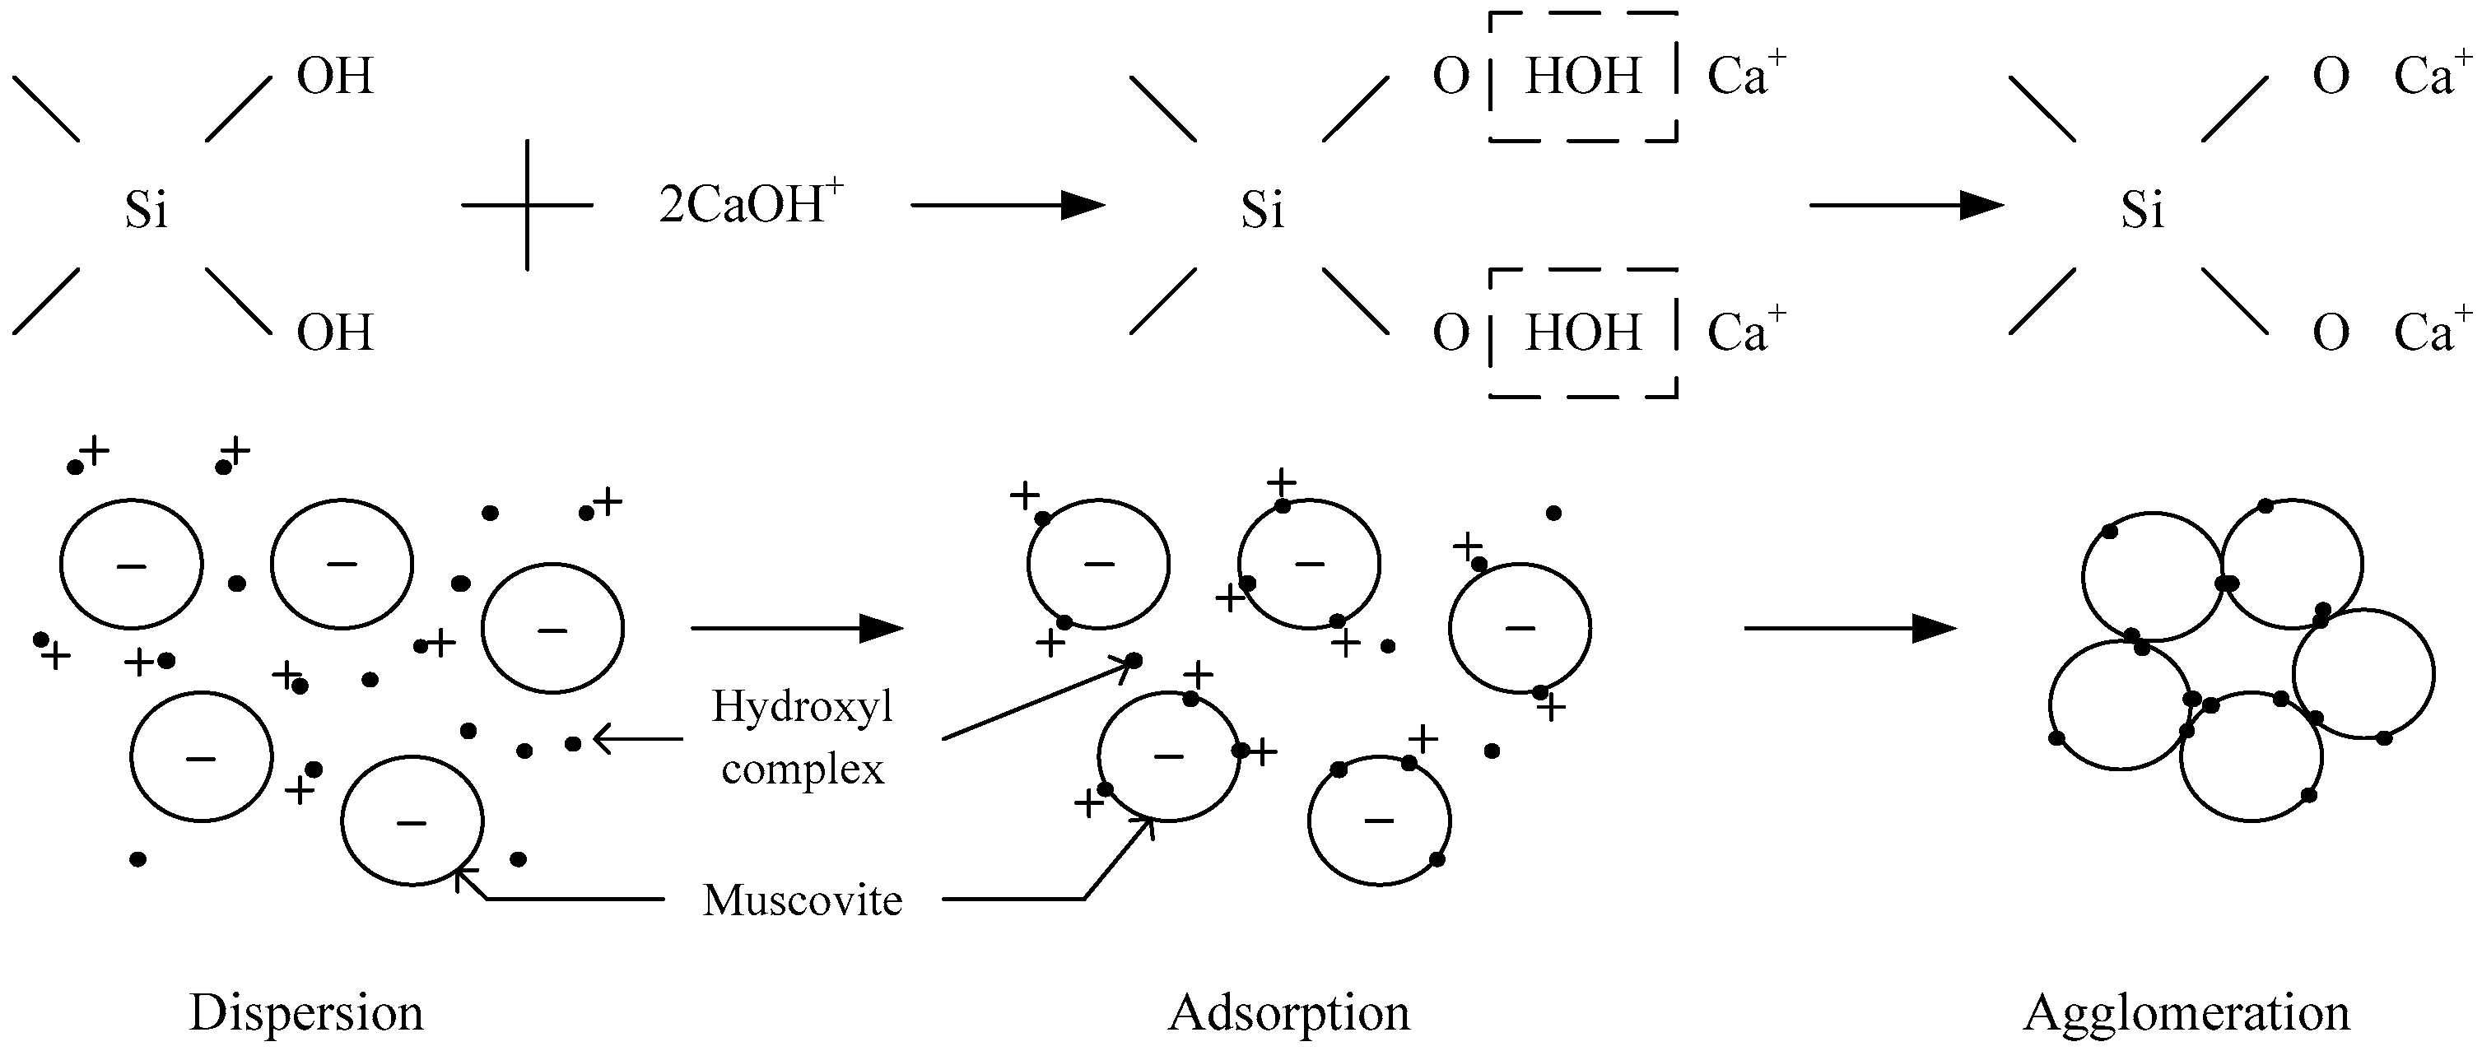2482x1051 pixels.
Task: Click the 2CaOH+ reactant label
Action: [750, 205]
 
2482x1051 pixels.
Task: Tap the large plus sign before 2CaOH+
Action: [527, 205]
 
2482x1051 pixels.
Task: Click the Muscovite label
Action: [803, 900]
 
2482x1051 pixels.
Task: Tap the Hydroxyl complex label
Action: [803, 738]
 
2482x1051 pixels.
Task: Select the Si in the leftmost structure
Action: [147, 210]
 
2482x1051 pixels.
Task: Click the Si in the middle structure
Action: [1262, 210]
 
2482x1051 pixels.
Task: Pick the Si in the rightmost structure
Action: [2143, 210]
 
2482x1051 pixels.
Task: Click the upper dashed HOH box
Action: [1583, 77]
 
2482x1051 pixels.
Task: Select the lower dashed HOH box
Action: [1583, 333]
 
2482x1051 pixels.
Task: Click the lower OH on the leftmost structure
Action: [334, 333]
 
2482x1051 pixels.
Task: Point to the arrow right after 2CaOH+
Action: [1007, 205]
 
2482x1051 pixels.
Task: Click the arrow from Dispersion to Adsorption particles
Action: [797, 628]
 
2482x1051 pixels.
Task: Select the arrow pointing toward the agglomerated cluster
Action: [1850, 628]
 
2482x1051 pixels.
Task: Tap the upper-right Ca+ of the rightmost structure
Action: [2431, 75]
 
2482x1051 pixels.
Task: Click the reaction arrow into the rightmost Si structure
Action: [1906, 205]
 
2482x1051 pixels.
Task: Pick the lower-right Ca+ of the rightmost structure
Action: [2431, 332]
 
